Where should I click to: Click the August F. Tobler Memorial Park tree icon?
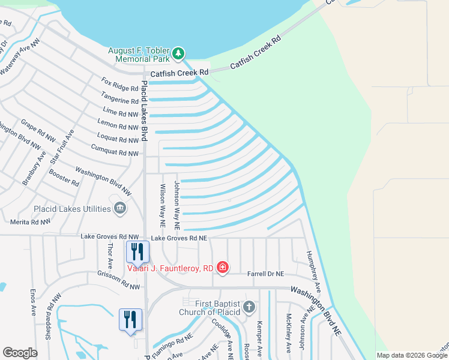pos(178,54)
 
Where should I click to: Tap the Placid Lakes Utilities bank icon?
pos(120,208)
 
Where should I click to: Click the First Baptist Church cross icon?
pos(249,308)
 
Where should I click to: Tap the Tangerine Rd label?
pos(120,100)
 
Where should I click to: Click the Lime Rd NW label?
pos(121,113)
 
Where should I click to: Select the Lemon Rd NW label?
pos(120,127)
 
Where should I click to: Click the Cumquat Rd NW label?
pos(115,153)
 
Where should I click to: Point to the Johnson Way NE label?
pos(176,206)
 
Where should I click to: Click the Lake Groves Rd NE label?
pos(179,238)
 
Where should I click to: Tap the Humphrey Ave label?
pos(315,272)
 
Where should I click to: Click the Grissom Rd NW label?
pos(118,280)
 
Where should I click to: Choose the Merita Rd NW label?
pos(31,221)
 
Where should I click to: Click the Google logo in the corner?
pos(20,353)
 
